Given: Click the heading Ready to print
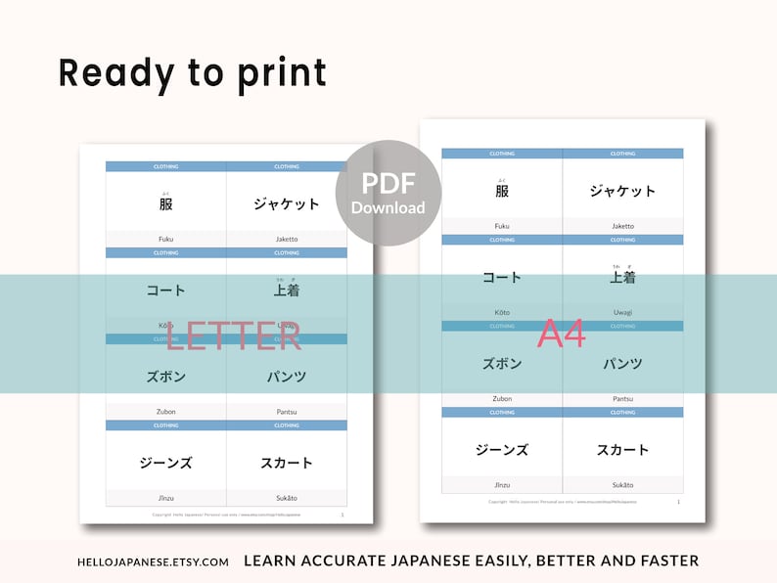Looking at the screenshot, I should point(192,73).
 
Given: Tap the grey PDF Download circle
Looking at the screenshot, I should point(388,194).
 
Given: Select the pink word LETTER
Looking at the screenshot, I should point(234,336).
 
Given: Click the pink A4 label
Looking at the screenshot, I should point(562,335).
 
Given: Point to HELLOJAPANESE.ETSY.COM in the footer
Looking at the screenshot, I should point(153,561).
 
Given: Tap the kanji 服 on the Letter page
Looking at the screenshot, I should point(166,204).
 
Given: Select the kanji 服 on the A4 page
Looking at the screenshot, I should point(502,192).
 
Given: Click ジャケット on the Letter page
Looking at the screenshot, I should point(287,204).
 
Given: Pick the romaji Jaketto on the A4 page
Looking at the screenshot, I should point(622,226).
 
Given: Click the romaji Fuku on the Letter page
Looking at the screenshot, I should point(166,239).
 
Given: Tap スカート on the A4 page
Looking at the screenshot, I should point(622,450).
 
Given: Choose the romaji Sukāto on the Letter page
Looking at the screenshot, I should point(287,497).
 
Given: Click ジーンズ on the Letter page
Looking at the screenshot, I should point(166,463).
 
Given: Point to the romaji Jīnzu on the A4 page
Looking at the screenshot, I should point(502,484).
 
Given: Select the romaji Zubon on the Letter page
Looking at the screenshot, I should point(166,411).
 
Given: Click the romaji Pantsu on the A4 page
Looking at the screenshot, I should point(622,398).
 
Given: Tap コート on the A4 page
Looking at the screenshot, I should point(502,278).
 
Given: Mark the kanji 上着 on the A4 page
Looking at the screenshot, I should point(622,278).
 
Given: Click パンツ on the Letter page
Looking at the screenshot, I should point(287,377).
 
